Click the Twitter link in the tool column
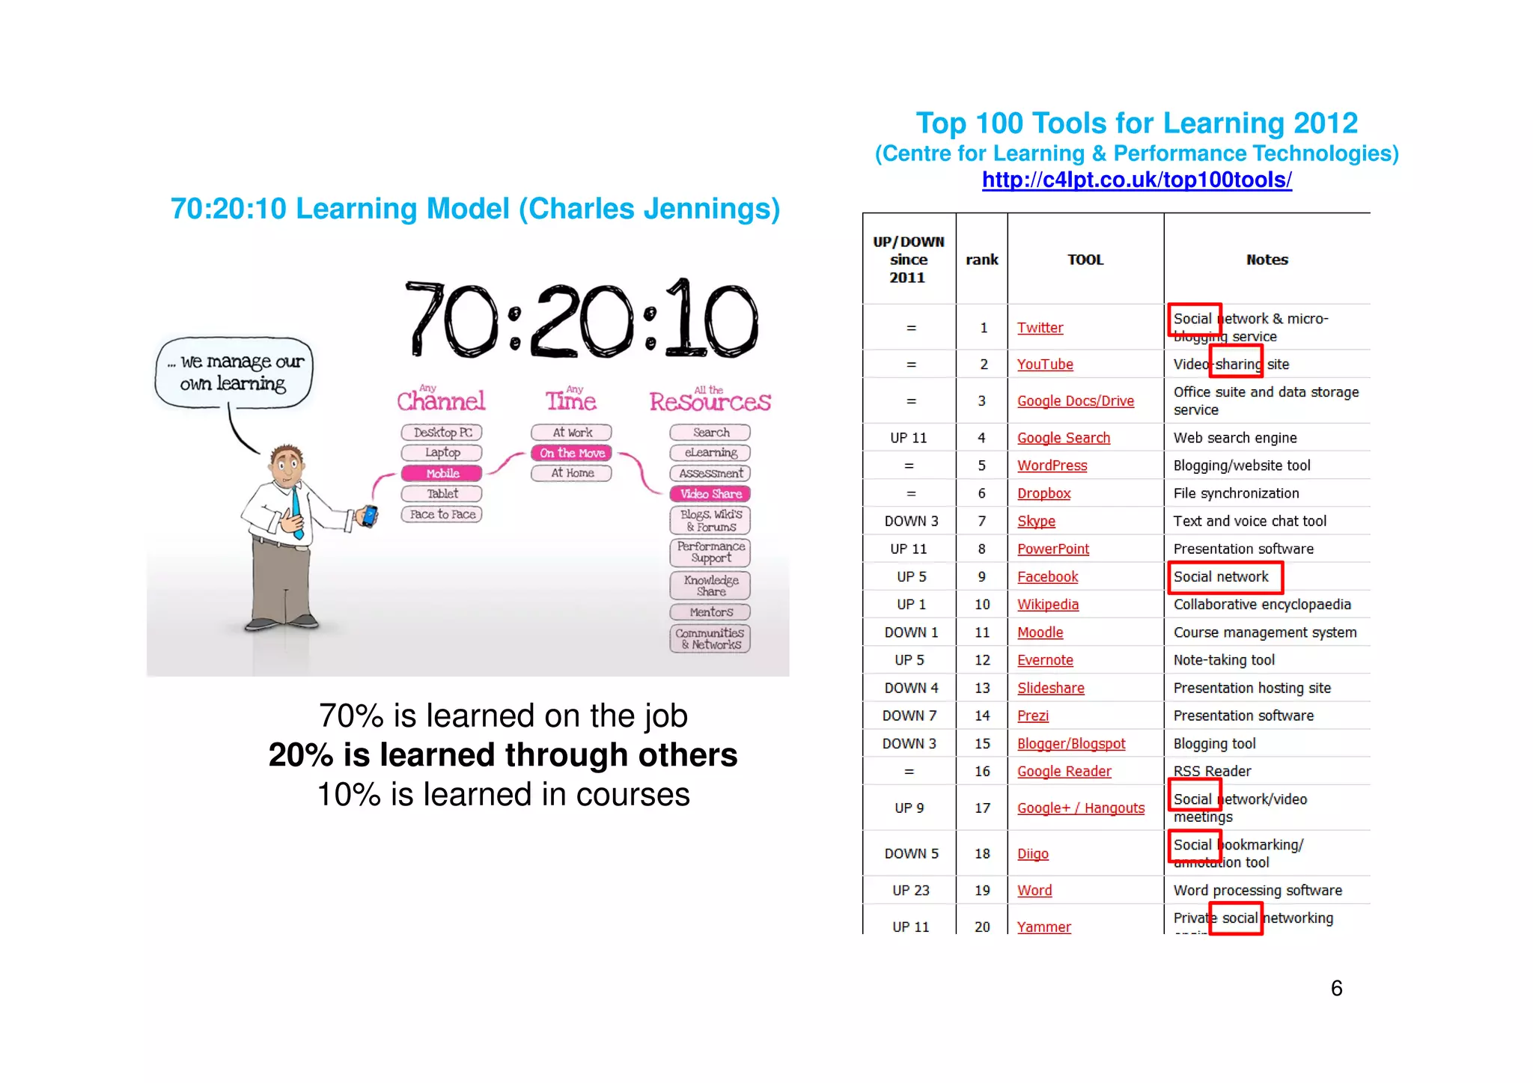(1040, 328)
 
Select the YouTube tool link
(1045, 364)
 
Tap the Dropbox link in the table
(1043, 493)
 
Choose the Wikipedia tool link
(1048, 605)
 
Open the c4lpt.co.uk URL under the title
(1136, 180)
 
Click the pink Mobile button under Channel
(442, 474)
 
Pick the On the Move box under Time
(572, 453)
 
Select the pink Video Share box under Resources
(710, 494)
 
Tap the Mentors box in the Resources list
(710, 612)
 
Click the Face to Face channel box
(442, 514)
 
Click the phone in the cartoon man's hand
(368, 516)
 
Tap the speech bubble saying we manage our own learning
(234, 373)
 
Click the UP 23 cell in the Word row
(910, 891)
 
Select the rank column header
(981, 260)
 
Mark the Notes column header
(1267, 260)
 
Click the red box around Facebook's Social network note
(1225, 577)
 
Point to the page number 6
(1336, 989)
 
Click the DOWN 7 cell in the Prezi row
(909, 716)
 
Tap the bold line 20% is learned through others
(503, 755)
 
